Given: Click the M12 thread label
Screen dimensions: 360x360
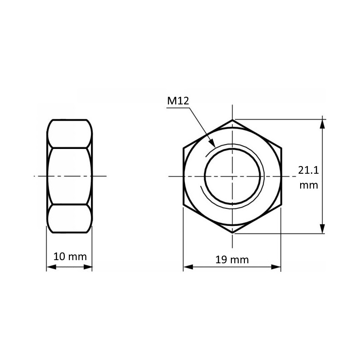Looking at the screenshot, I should pos(177,101).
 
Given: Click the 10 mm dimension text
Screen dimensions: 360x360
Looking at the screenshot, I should pos(70,257).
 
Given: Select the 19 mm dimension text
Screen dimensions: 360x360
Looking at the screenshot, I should pos(232,260).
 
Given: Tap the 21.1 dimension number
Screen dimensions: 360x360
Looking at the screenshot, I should pos(309,170).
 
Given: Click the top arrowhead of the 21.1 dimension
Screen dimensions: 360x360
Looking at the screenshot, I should pos(323,122).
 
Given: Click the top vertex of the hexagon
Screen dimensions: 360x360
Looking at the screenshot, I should pos(233,120).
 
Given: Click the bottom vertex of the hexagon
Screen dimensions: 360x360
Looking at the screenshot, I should pos(233,233).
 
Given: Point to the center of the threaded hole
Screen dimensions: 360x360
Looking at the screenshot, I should pos(233,176).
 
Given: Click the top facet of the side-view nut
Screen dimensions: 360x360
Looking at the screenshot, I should pos(70,134).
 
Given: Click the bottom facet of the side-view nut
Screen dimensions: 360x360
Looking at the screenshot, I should pos(70,219).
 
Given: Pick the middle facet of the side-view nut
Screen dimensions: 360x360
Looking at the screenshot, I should pos(70,176).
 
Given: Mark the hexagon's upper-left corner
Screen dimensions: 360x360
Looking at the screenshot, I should pos(184,148).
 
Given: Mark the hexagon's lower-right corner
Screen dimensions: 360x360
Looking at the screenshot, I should pos(281,205).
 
